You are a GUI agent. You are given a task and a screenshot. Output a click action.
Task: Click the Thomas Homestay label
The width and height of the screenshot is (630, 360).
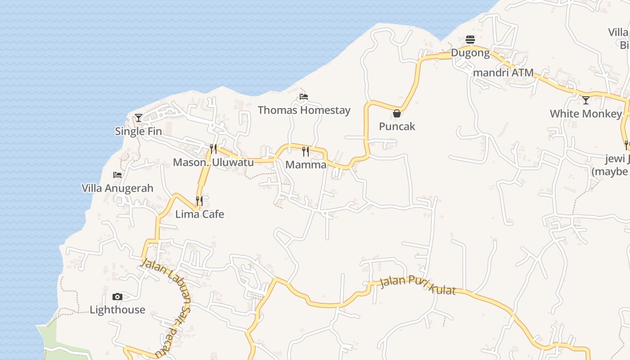(x=304, y=110)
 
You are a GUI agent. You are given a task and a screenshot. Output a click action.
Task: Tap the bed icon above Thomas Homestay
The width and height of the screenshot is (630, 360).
(x=304, y=97)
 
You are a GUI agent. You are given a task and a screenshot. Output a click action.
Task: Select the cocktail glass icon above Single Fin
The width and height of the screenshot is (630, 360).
(x=139, y=118)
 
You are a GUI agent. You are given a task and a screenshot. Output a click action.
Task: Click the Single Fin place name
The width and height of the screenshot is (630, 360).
(x=139, y=131)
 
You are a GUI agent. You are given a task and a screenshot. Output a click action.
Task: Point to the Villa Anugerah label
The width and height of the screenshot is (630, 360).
(x=117, y=188)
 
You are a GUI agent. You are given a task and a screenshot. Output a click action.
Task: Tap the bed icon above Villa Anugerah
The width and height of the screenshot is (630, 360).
(x=117, y=175)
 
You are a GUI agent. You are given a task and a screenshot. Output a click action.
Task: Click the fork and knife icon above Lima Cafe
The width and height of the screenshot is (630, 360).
(x=199, y=201)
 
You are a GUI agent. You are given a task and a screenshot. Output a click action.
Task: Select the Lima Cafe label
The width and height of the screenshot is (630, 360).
(x=199, y=214)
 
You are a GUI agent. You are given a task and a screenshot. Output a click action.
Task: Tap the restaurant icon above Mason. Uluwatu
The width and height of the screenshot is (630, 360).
(x=213, y=149)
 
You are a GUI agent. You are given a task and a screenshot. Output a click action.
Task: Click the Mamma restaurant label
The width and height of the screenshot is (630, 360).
(x=306, y=165)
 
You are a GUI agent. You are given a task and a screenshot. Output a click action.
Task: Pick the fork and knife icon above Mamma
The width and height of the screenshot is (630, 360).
(x=306, y=151)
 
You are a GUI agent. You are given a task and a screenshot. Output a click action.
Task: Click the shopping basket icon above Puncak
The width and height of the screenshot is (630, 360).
(x=397, y=113)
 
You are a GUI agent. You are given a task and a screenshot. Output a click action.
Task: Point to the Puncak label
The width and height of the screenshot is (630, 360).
(x=397, y=126)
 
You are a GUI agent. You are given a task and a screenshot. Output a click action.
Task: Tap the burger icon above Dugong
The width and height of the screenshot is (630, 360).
(x=470, y=40)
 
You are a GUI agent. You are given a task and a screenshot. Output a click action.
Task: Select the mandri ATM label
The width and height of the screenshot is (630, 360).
(x=503, y=72)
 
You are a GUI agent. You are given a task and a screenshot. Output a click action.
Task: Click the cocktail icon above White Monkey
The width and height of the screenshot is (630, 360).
(x=586, y=100)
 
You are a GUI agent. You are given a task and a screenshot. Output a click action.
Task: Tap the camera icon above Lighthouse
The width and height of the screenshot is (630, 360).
(x=117, y=297)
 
